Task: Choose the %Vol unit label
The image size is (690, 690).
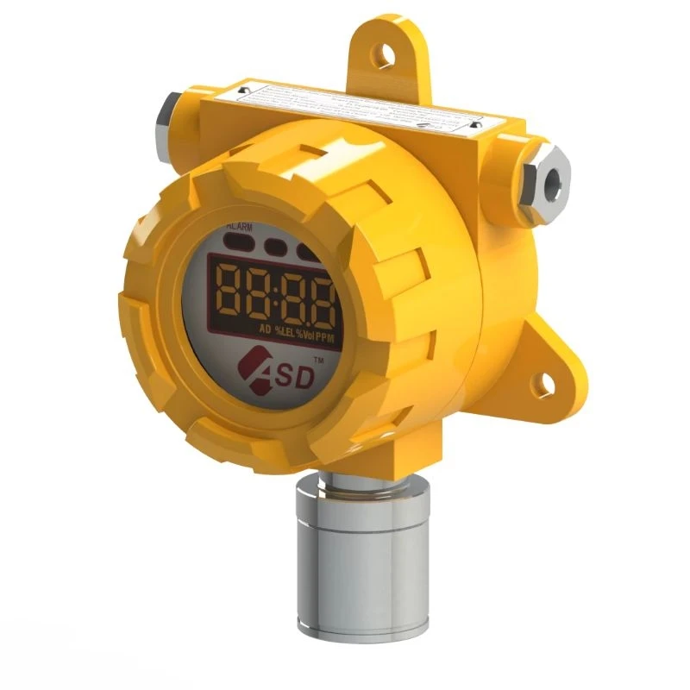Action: pyautogui.click(x=308, y=332)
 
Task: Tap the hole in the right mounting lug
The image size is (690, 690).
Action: pyautogui.click(x=546, y=376)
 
